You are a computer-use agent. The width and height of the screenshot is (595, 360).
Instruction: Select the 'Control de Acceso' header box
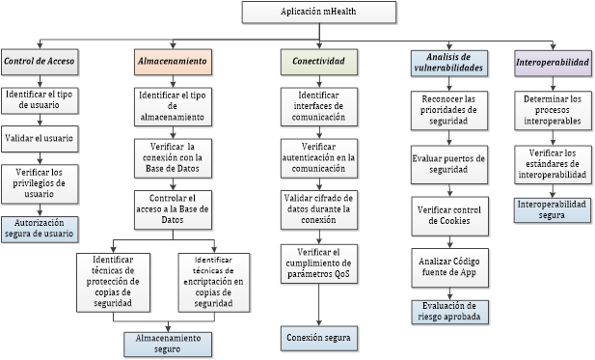40,61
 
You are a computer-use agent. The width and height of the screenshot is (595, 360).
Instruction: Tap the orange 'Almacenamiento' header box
173,61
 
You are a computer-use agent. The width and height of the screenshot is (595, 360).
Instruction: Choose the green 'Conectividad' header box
318,61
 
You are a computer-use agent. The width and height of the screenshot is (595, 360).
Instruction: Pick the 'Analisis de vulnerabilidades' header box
447,61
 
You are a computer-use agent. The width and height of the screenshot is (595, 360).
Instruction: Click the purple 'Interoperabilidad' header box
552,61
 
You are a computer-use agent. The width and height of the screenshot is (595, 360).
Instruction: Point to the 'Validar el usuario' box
40,138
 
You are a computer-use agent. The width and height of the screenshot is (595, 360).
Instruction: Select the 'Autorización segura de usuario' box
40,228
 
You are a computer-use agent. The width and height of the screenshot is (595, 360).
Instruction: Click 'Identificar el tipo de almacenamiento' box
173,103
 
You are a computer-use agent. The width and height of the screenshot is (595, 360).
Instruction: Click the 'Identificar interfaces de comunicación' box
318,104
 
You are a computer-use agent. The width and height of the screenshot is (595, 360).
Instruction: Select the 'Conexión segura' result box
318,338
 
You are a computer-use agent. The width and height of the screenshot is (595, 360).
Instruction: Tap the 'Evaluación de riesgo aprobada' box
447,311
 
